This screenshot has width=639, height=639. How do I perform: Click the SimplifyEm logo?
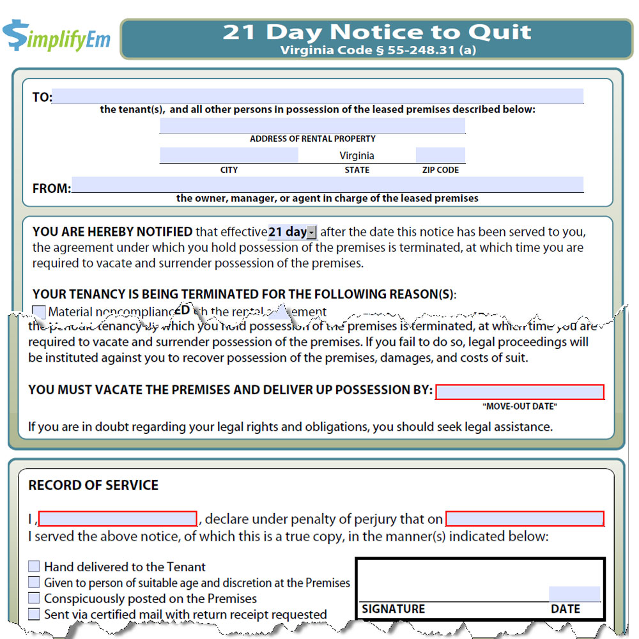56,37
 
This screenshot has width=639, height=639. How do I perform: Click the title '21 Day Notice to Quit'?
377,32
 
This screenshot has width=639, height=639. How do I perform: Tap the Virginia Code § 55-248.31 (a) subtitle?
377,50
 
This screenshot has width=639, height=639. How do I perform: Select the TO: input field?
317,96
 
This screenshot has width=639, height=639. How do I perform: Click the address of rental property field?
312,125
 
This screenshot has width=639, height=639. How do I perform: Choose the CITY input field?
229,155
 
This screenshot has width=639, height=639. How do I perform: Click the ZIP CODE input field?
440,155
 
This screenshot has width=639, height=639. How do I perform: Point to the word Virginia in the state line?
357,156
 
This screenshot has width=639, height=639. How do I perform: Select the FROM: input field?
327,185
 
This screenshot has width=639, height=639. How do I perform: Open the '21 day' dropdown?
311,232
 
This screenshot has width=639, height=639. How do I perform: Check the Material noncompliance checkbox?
39,312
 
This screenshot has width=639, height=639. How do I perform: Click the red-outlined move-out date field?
520,392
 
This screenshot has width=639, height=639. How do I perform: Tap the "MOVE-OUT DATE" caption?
520,406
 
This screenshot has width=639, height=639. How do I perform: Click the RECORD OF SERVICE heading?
93,485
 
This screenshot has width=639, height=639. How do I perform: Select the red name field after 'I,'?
118,518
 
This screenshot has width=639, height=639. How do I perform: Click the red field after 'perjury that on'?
525,518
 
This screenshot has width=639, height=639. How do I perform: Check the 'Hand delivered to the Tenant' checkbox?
34,567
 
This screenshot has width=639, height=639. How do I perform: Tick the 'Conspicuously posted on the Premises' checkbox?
34,599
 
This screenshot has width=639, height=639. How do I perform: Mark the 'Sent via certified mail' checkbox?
34,615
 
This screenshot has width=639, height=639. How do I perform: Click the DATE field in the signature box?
574,594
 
